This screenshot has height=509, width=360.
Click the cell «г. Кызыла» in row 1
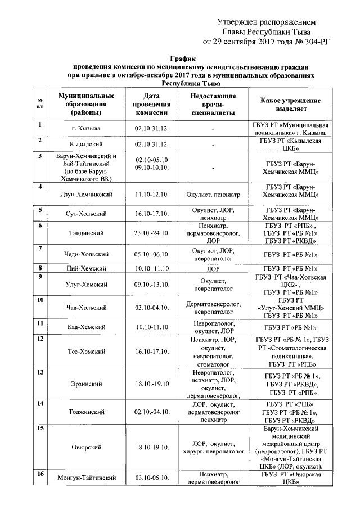tap(82, 129)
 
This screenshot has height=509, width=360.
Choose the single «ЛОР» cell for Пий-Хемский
tap(213, 269)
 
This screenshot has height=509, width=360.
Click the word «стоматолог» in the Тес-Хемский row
tap(213, 364)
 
